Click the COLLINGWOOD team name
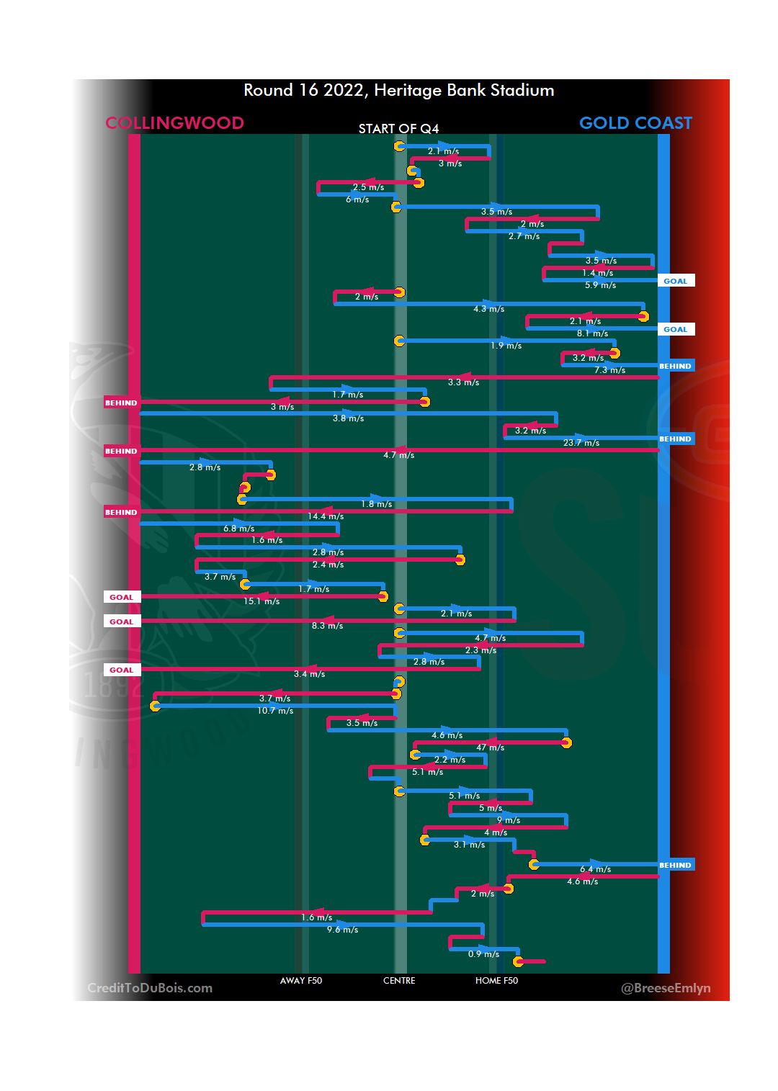(x=174, y=123)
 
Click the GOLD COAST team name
(x=635, y=123)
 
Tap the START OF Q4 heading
(x=398, y=129)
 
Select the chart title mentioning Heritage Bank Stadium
(x=398, y=91)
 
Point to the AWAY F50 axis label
(x=301, y=981)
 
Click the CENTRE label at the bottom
(x=399, y=981)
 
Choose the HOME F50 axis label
(x=496, y=981)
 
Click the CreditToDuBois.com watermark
(x=150, y=988)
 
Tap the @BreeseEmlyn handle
(x=666, y=988)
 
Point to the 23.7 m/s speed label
(x=581, y=443)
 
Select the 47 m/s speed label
(x=490, y=747)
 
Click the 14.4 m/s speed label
(x=326, y=516)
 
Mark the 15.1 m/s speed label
(x=261, y=601)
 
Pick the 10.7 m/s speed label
(x=275, y=711)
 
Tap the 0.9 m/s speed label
(x=483, y=954)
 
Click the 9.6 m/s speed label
(x=342, y=930)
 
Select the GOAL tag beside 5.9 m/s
(x=675, y=282)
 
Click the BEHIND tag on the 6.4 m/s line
(x=675, y=866)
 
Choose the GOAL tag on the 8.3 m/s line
(x=121, y=622)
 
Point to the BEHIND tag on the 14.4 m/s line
(x=121, y=513)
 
